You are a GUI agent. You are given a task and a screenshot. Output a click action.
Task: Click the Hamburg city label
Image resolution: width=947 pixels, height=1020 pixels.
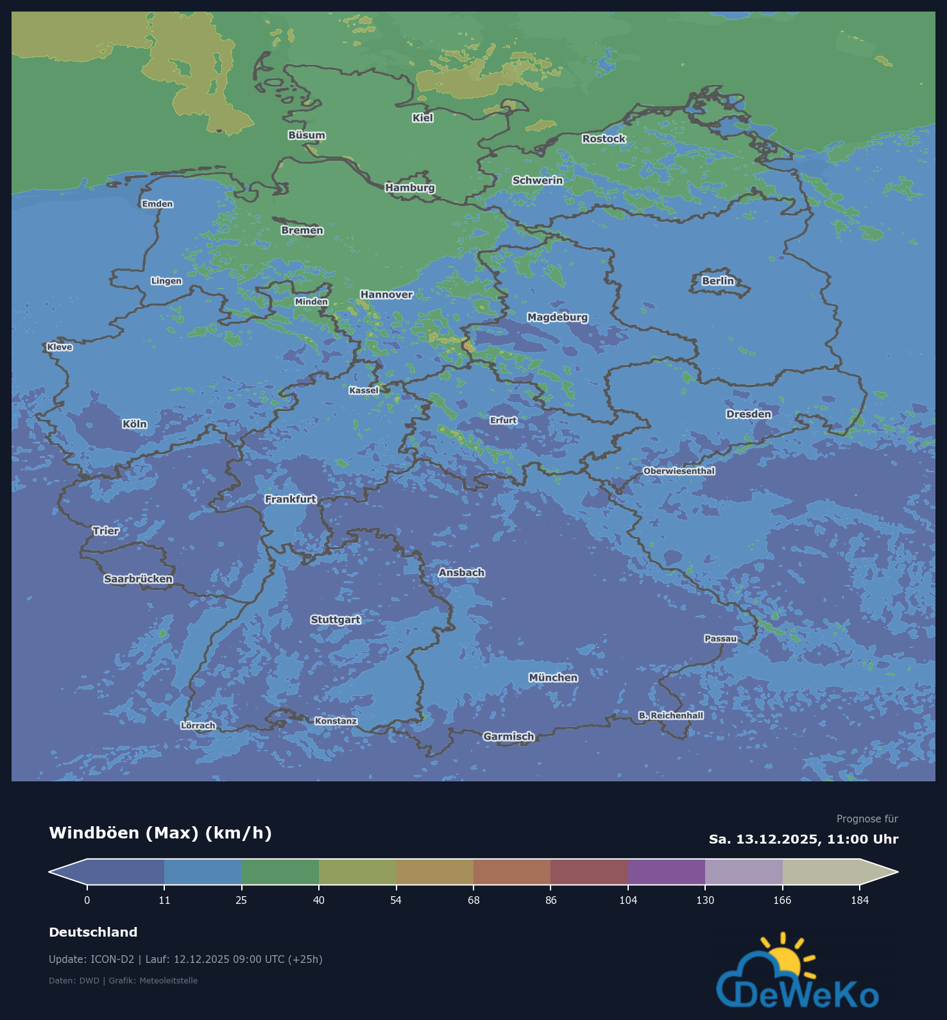point(410,188)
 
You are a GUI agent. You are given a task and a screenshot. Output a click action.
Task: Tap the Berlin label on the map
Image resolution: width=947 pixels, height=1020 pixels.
point(717,281)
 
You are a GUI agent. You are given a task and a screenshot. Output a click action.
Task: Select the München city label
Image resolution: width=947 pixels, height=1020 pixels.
point(553,678)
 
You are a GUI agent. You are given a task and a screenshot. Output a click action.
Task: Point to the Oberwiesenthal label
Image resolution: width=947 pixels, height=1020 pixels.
point(679,471)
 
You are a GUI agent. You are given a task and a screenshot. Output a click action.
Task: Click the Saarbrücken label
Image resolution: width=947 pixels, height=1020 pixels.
point(138,579)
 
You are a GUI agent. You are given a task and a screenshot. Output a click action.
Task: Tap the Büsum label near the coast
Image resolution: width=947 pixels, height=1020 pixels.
point(306,135)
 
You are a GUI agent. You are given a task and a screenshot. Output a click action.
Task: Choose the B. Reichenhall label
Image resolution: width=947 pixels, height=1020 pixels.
point(670,715)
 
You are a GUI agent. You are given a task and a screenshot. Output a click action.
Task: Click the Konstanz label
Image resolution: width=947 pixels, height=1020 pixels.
point(336,721)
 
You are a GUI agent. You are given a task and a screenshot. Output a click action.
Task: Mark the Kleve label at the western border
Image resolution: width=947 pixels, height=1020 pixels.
point(60,347)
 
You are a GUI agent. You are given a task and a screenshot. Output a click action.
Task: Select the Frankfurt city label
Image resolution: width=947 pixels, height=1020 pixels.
point(291,499)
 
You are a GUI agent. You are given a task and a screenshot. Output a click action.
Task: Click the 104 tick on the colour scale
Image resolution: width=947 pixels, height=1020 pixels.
point(628,900)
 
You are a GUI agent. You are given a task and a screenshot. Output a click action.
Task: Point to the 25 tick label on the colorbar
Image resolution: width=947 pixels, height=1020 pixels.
point(241,900)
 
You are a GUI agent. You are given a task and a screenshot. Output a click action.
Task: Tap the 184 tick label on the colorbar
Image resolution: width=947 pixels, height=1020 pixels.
point(859,900)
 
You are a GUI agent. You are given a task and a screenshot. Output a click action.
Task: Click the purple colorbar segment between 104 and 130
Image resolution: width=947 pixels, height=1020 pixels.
point(666,872)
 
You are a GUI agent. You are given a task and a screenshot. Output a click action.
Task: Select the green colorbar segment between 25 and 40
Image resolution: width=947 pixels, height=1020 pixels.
point(280,872)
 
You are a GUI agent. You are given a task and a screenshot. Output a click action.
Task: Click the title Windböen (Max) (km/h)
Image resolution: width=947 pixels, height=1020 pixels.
point(160,833)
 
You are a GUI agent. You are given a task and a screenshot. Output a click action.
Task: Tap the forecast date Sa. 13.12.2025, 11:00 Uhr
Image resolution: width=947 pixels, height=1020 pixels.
point(803,839)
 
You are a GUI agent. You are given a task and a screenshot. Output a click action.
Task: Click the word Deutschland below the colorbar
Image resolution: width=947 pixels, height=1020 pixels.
point(93,932)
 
